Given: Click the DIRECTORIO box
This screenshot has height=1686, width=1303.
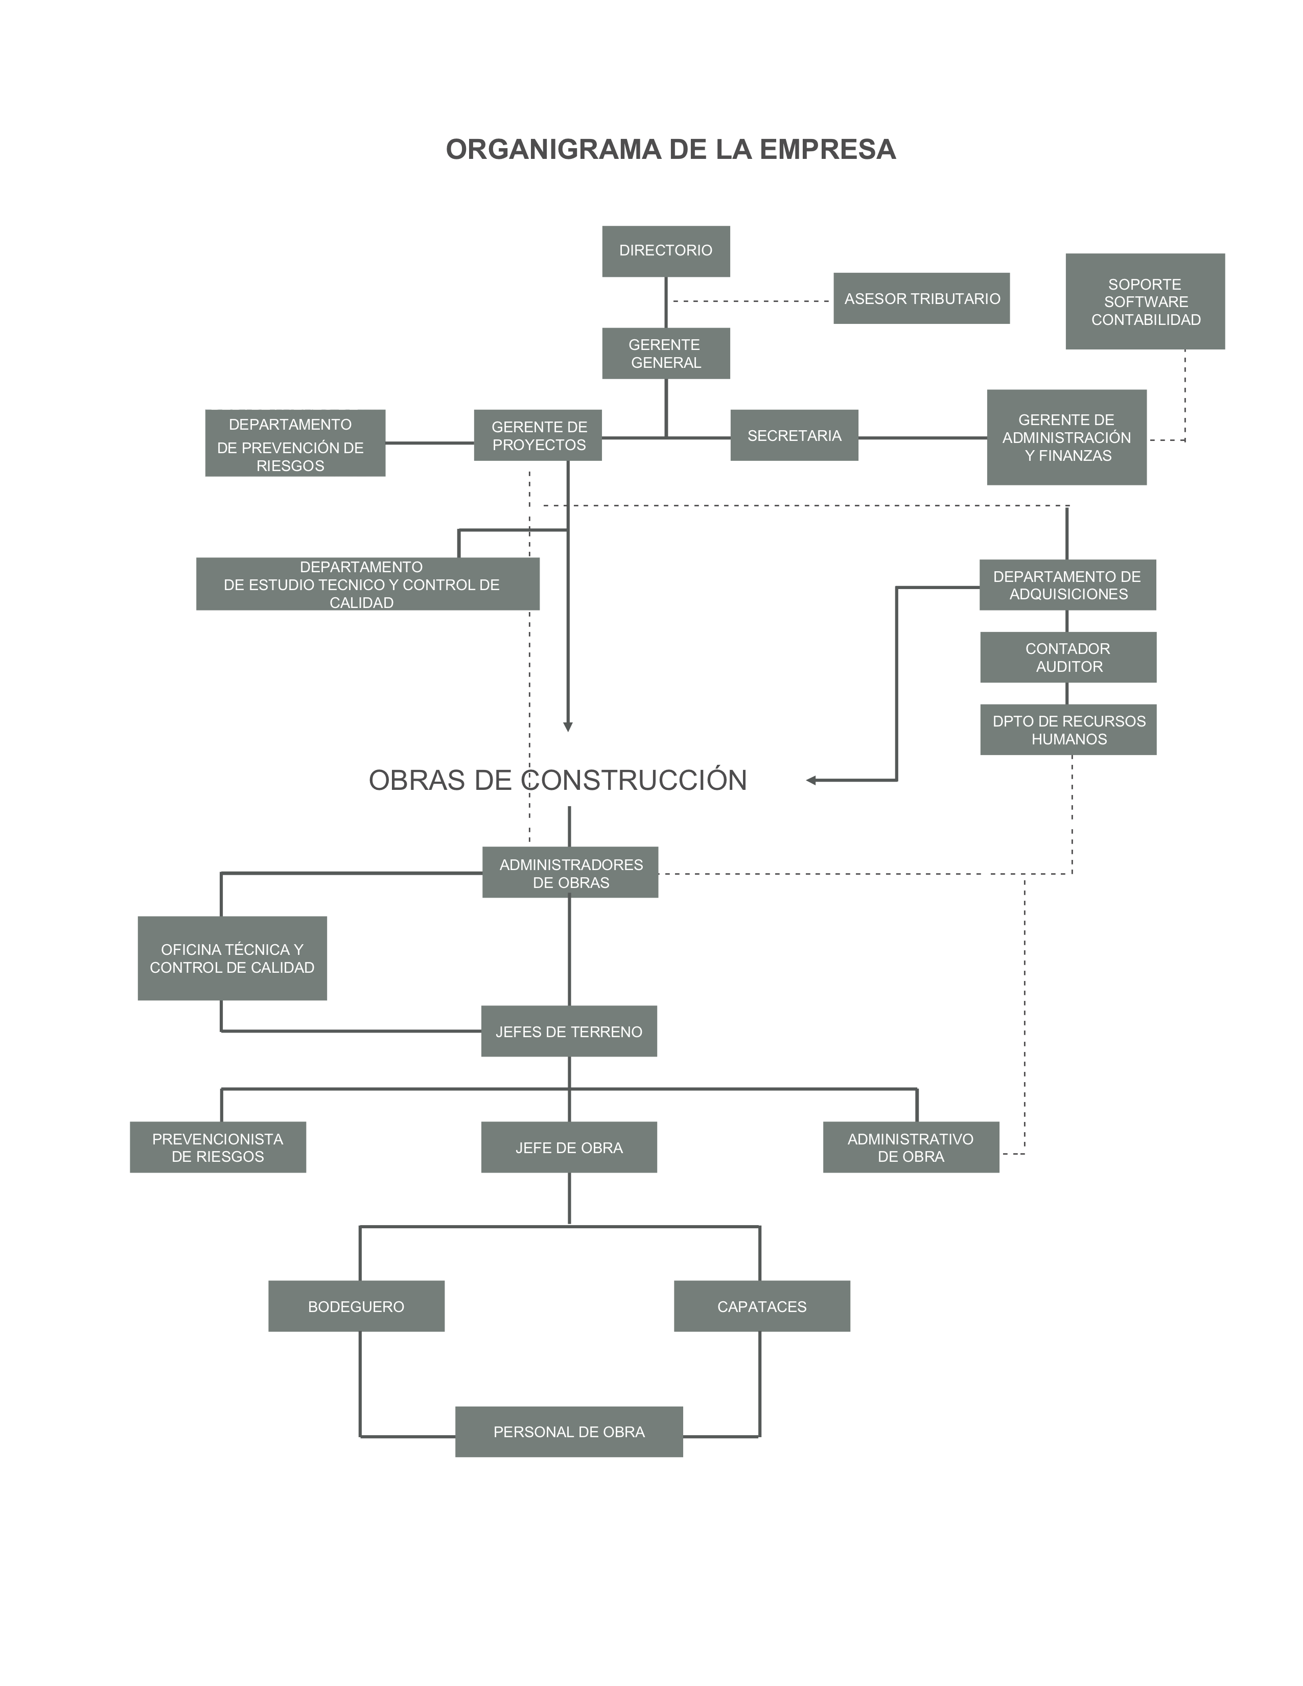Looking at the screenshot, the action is point(665,251).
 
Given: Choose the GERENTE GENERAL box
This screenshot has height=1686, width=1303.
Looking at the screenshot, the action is point(665,354).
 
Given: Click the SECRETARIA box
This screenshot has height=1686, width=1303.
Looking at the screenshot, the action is point(794,435).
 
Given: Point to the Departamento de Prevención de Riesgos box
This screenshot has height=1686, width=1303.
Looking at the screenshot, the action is point(295,443).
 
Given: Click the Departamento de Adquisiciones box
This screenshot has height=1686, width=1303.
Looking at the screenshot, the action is point(1067,584).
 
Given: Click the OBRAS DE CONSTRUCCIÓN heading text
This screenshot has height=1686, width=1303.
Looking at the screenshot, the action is point(557,781).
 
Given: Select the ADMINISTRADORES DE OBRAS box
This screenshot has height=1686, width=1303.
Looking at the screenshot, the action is point(570,872).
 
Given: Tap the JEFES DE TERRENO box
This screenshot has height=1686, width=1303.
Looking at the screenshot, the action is point(569,1031).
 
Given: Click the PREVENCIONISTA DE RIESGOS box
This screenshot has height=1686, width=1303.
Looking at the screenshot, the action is point(218,1147).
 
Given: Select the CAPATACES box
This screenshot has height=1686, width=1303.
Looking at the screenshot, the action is point(762,1306).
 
